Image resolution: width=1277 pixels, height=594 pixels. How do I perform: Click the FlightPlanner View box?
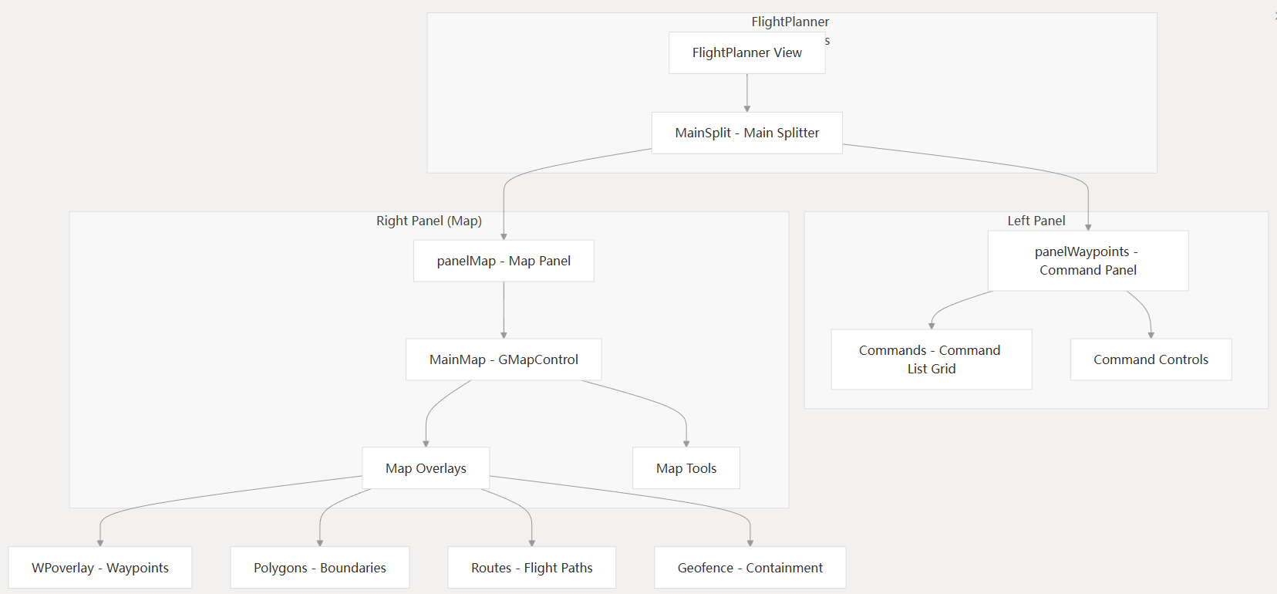[746, 52]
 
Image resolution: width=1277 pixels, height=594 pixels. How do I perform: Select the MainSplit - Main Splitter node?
[746, 133]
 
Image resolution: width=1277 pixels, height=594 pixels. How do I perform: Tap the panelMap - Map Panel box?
[504, 261]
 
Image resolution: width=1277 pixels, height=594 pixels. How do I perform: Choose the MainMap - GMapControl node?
[504, 359]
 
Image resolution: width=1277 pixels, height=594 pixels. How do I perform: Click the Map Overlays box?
[426, 468]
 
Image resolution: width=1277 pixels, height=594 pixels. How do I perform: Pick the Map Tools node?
[686, 468]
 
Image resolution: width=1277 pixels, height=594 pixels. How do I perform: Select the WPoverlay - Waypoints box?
[100, 568]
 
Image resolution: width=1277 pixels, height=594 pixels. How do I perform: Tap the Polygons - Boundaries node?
[320, 568]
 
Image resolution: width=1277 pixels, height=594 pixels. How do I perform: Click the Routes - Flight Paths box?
[532, 568]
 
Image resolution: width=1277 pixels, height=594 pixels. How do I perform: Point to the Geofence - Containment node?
[750, 568]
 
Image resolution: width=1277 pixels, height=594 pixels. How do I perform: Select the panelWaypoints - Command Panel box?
[1088, 261]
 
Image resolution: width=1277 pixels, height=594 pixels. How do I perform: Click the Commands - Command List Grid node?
[931, 359]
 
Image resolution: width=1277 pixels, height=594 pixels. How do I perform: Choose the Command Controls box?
[1151, 359]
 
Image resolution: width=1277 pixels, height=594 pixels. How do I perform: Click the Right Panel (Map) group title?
[429, 221]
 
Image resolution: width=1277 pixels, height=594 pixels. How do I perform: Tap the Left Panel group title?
[1036, 221]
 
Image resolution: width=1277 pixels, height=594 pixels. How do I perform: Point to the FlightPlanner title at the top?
[790, 22]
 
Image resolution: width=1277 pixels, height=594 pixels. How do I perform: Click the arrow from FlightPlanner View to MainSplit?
[746, 93]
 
